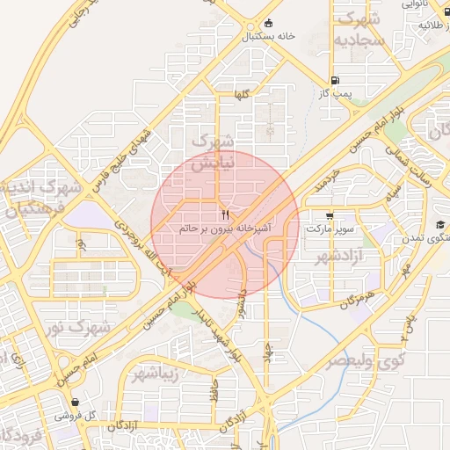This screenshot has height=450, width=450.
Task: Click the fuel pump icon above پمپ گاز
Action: click(x=335, y=78)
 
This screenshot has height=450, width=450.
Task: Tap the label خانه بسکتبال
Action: click(x=268, y=37)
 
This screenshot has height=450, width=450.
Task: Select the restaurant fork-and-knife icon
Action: click(x=225, y=214)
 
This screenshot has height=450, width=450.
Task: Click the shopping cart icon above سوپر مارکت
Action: click(x=330, y=215)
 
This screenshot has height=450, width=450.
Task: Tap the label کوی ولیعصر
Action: click(x=367, y=360)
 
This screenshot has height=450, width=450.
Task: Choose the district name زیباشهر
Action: click(x=157, y=375)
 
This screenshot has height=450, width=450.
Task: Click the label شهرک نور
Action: click(x=79, y=328)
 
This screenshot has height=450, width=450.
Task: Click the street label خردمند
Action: click(x=324, y=184)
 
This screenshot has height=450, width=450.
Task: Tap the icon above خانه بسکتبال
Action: click(x=268, y=24)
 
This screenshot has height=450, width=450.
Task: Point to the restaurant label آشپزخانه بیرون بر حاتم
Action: click(x=225, y=228)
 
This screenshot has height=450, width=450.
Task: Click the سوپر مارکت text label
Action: click(x=330, y=229)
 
